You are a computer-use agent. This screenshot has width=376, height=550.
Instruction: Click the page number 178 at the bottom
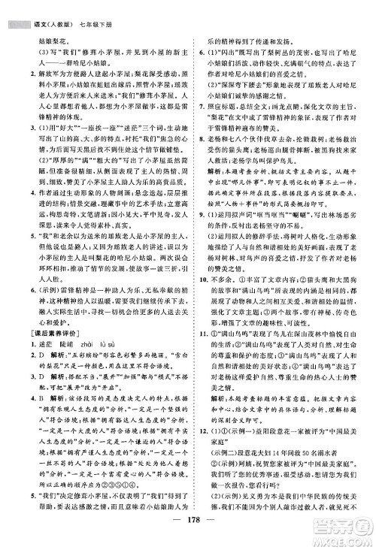188,535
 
